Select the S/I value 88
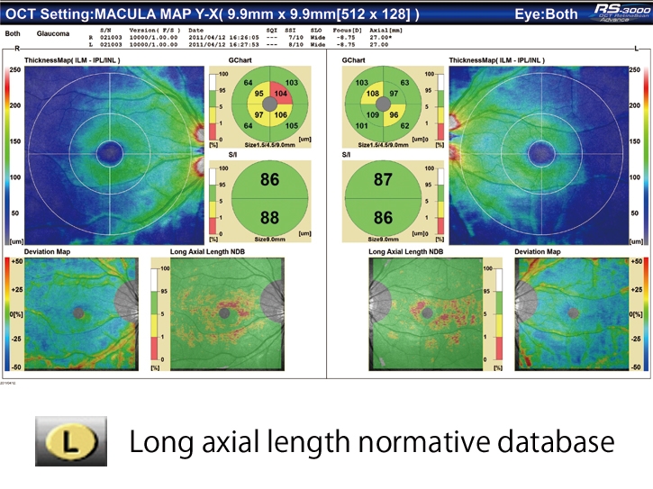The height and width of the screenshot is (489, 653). (x=269, y=217)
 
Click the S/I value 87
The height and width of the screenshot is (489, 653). (x=383, y=180)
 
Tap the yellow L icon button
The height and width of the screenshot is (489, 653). (x=72, y=442)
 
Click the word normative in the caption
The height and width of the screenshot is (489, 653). (x=417, y=443)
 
